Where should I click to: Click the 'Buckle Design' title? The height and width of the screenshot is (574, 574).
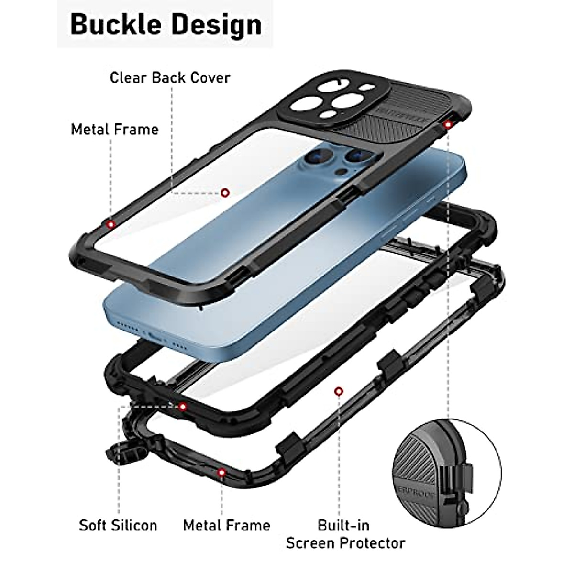point(166,25)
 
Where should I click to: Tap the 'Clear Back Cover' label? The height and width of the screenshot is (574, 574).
point(170,77)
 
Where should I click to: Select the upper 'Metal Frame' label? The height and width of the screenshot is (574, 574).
point(115,129)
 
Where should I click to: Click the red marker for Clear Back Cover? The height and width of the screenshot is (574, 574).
point(225,193)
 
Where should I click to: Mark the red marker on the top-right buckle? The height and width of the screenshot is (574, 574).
point(448,125)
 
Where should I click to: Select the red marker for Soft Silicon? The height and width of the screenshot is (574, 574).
point(182,407)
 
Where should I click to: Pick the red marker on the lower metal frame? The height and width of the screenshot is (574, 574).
point(221,473)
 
